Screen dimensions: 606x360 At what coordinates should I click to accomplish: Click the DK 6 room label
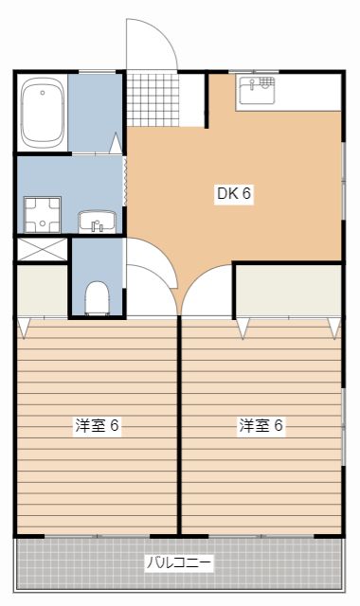[x=233, y=194]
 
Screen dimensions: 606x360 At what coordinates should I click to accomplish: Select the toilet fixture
[x=96, y=298]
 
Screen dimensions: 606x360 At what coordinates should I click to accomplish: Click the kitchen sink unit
[x=257, y=92]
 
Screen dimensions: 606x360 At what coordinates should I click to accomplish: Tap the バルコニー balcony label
[x=179, y=562]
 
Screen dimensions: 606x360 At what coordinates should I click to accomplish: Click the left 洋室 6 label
[x=97, y=425]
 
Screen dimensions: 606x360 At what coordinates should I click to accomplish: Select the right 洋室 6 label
[x=261, y=425]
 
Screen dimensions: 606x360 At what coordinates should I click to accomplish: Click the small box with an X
[x=42, y=250]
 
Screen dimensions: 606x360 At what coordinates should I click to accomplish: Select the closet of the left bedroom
[x=42, y=292]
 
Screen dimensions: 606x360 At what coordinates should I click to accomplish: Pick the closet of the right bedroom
[x=288, y=292]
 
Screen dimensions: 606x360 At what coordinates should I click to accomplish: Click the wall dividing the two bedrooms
[x=180, y=426]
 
